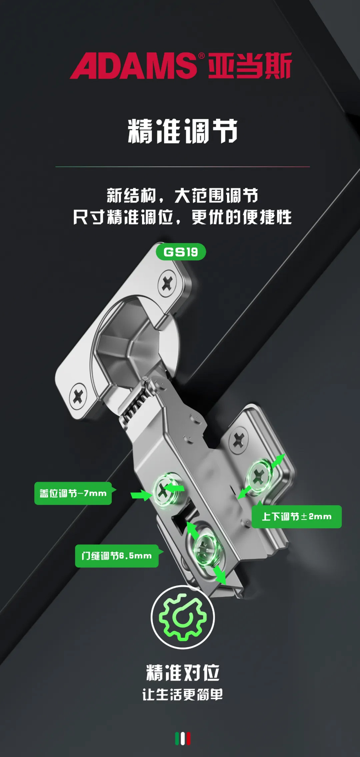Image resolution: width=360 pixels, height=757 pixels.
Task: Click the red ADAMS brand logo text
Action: click(133, 66)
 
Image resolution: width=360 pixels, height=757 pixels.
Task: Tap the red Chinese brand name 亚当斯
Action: click(250, 65)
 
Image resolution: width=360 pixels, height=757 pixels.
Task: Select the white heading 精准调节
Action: click(183, 131)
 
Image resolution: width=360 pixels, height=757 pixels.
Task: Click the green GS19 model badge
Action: click(181, 252)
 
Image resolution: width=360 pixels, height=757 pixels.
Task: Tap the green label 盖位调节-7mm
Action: click(73, 493)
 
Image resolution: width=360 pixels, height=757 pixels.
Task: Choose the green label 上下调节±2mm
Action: click(297, 516)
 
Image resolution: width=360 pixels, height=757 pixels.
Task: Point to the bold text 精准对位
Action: click(183, 673)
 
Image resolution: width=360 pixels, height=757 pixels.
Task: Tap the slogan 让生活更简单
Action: click(183, 695)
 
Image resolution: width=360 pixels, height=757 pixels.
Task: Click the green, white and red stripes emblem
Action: click(183, 739)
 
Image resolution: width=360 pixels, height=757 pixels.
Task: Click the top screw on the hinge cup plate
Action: click(167, 284)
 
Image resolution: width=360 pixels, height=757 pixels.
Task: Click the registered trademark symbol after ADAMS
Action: click(201, 56)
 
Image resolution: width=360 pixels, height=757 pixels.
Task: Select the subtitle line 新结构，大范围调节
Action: click(183, 196)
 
